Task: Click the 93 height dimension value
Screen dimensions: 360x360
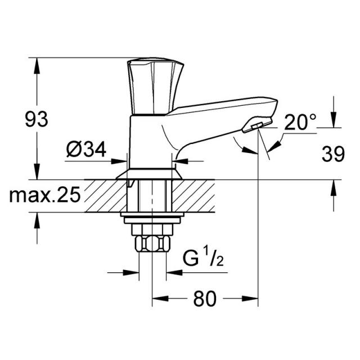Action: tap(37, 119)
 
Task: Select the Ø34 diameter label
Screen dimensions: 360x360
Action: tap(86, 149)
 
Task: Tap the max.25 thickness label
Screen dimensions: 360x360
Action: tap(45, 195)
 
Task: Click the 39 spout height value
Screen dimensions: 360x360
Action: tap(333, 154)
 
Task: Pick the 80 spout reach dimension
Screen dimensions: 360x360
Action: tap(205, 299)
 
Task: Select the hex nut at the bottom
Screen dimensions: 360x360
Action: tap(152, 244)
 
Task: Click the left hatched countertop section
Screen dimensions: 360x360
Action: tap(106, 196)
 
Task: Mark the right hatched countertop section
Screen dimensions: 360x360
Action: tap(193, 196)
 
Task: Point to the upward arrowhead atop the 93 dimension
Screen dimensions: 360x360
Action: tap(37, 66)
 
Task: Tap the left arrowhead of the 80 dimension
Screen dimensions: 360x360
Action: tap(160, 299)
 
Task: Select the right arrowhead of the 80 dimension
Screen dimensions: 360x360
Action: tap(250, 299)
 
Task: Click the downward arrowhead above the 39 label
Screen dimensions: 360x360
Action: tap(334, 120)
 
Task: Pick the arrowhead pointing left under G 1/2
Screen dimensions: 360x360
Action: tap(174, 272)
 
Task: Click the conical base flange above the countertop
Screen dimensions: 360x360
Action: tap(149, 174)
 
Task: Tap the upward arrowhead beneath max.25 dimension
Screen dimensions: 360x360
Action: tap(37, 220)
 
